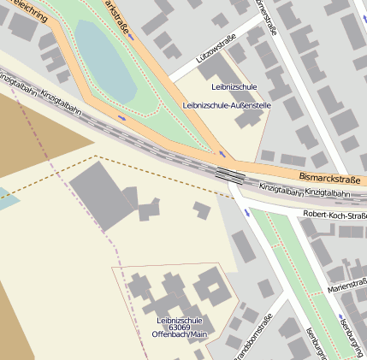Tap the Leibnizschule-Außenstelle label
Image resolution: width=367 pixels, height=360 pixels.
click(x=227, y=105)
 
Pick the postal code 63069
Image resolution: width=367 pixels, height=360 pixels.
click(x=179, y=328)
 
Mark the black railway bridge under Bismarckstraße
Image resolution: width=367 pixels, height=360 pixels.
click(x=229, y=174)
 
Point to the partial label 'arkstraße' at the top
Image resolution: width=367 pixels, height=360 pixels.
click(x=120, y=19)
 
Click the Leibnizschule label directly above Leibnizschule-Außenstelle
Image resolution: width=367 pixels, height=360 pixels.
click(x=233, y=87)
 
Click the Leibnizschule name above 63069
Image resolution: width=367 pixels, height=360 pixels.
click(x=179, y=320)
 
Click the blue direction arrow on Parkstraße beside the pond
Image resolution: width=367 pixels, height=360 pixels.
click(x=123, y=118)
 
